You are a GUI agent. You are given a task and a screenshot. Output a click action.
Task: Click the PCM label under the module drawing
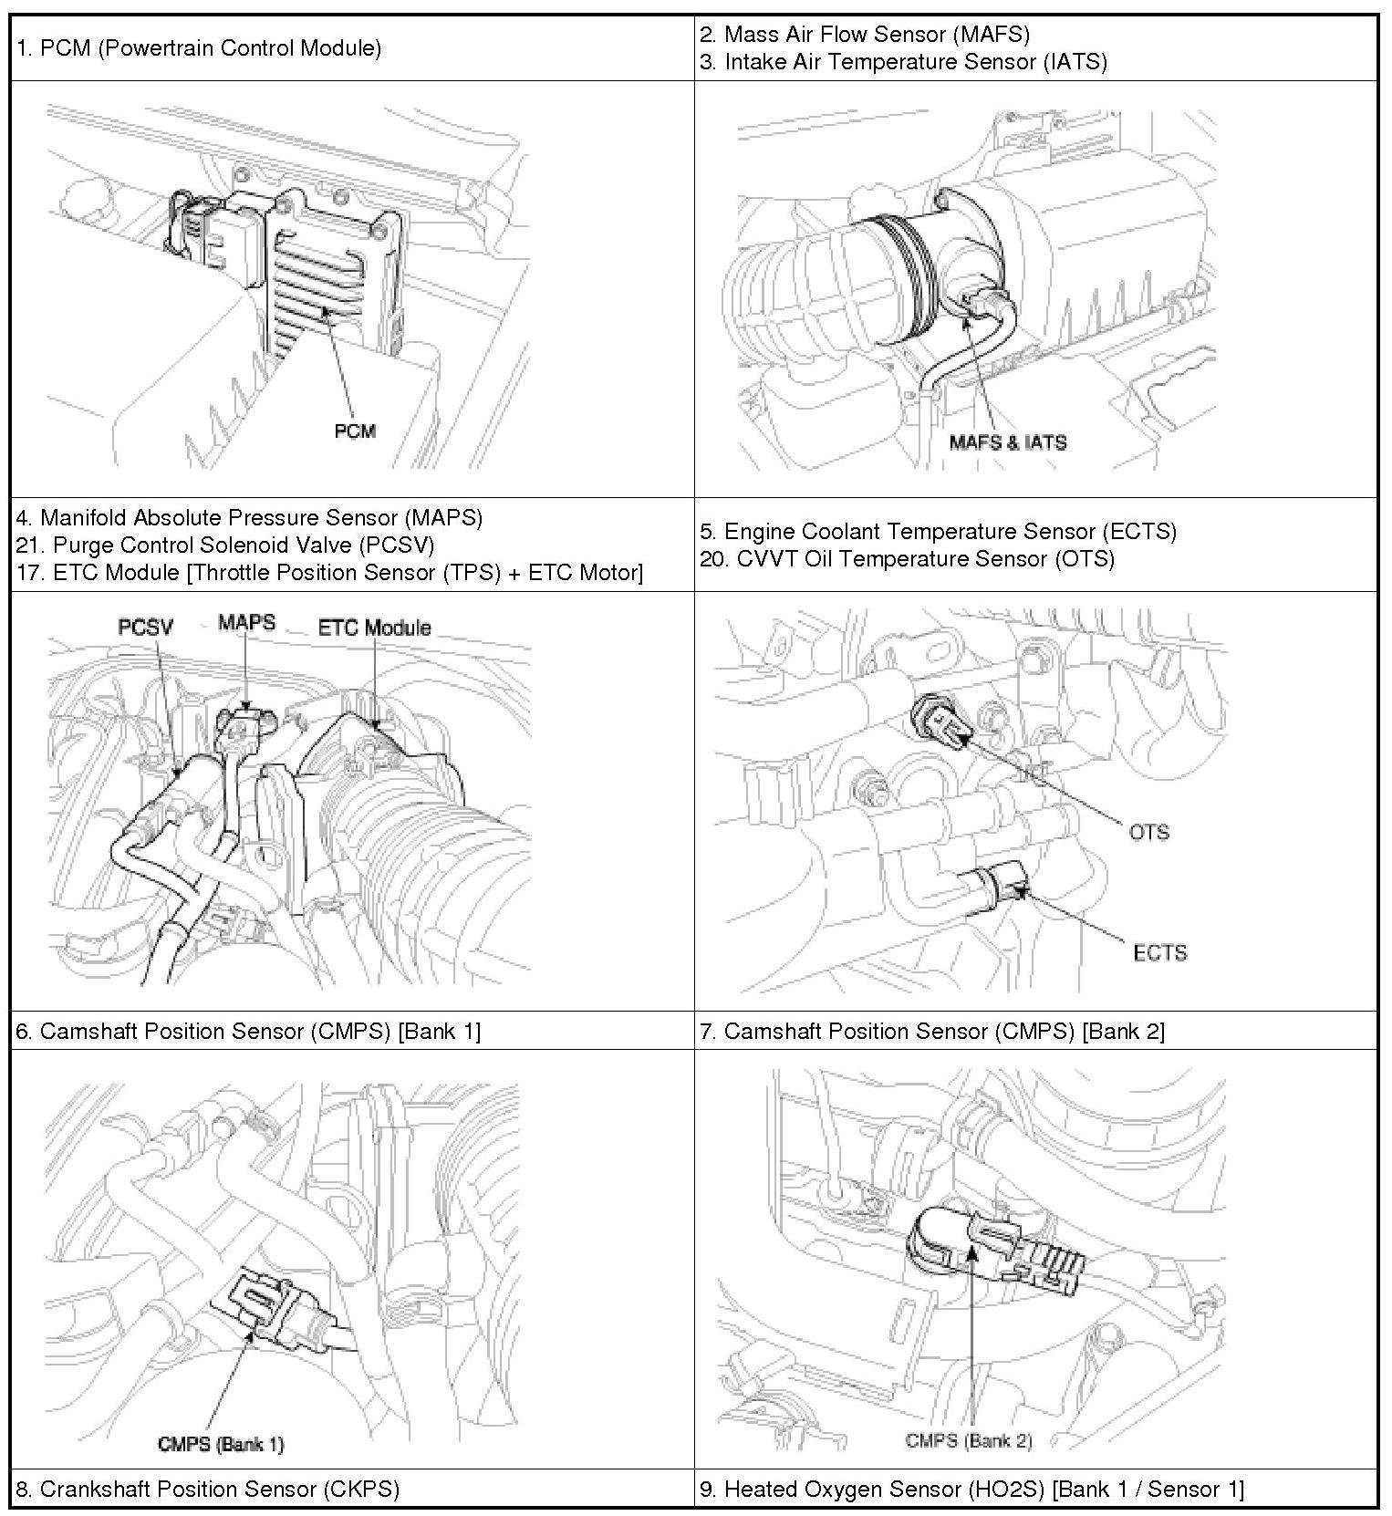[355, 431]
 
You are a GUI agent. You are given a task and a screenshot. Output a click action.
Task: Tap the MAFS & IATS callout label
[1007, 442]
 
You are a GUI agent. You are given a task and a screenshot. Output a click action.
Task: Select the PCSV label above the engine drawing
[145, 627]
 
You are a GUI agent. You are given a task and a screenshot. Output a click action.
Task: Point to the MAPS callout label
[246, 623]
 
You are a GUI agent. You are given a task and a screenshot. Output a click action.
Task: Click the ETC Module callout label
[374, 628]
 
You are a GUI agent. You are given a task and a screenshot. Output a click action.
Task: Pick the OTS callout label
[1148, 832]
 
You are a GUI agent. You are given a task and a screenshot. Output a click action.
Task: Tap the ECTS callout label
[1159, 953]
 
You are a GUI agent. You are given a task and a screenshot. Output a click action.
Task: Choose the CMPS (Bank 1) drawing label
[221, 1444]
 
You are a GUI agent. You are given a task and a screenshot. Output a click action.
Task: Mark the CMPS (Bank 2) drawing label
[969, 1440]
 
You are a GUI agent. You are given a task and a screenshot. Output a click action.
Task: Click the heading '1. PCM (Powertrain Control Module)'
[198, 47]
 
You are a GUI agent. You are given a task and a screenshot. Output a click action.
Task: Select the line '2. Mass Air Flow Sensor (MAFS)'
[864, 35]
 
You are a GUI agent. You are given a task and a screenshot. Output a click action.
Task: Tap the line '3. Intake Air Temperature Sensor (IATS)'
[903, 62]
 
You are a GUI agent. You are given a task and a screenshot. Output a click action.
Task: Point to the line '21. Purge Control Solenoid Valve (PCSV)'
[224, 545]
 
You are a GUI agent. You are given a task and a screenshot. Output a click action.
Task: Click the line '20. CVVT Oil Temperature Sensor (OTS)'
[907, 558]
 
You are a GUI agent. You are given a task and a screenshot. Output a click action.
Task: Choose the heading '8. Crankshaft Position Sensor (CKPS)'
[207, 1490]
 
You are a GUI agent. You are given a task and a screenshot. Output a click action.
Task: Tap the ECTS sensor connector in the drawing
[1001, 881]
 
